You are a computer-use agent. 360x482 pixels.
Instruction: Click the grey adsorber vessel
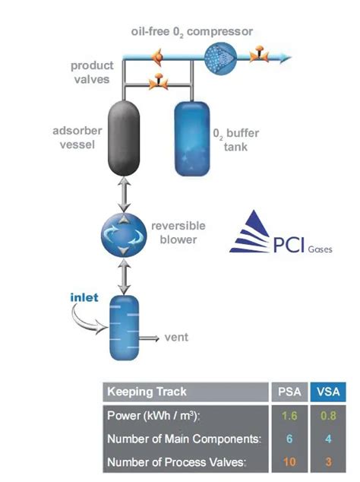tap(124, 138)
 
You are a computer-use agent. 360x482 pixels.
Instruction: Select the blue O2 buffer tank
tap(192, 139)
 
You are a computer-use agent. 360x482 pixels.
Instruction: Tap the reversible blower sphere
tap(124, 235)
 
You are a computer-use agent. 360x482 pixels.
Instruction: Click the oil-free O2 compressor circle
tap(220, 58)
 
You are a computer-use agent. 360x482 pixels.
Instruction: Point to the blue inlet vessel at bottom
tap(125, 328)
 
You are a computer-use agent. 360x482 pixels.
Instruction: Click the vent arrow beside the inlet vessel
tap(150, 338)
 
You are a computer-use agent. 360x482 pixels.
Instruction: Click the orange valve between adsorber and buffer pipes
tap(159, 81)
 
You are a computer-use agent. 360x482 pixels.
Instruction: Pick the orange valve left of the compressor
tap(157, 57)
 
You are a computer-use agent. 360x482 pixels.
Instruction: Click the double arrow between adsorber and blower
tap(124, 195)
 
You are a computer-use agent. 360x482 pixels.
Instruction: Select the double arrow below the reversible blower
tap(124, 276)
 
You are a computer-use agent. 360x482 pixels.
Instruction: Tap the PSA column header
tap(289, 392)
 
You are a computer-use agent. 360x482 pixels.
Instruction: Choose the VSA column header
tap(328, 392)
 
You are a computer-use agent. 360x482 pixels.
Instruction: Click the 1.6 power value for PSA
tap(289, 416)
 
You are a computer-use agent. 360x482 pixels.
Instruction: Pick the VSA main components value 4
tap(328, 439)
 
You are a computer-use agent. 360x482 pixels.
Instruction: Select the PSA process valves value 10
tap(289, 461)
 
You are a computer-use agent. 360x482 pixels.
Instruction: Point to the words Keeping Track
tap(147, 392)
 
